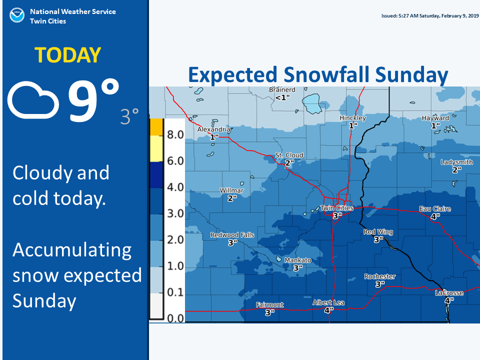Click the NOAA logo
click(17, 15)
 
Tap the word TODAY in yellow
click(67, 55)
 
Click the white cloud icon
click(33, 100)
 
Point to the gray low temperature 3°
click(129, 116)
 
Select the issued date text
click(430, 16)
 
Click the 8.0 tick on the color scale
click(175, 134)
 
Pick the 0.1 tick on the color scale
click(175, 292)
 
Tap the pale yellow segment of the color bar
click(156, 148)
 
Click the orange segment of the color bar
click(156, 127)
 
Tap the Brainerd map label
click(282, 90)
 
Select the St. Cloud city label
click(289, 155)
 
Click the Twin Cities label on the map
click(337, 208)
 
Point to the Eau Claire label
click(435, 209)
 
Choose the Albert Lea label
click(328, 303)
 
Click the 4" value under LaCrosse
click(449, 300)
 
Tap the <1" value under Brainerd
click(282, 97)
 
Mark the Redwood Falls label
click(232, 235)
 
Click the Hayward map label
click(435, 118)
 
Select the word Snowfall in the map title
click(326, 74)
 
